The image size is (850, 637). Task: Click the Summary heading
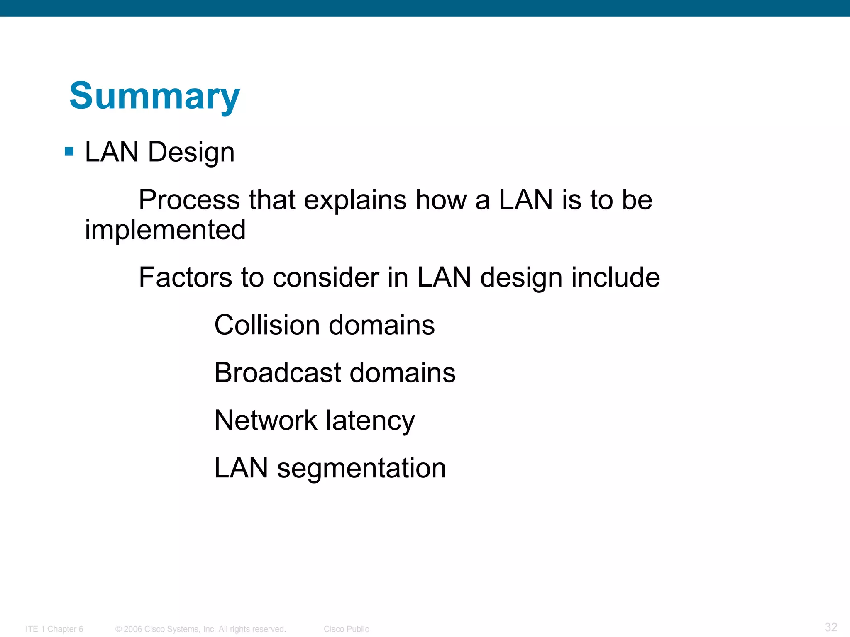pos(154,96)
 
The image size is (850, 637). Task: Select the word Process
pos(189,200)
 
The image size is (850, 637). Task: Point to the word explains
pos(355,200)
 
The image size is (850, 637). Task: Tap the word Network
pos(266,420)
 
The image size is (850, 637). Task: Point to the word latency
pos(370,421)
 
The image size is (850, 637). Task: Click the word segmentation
pos(361,469)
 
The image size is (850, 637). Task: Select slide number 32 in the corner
pos(831,627)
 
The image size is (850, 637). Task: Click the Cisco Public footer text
pos(346,629)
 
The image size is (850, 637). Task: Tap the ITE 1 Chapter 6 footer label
pos(54,629)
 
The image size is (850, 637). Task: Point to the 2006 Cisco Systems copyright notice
pos(200,629)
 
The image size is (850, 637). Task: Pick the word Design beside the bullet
pos(191,152)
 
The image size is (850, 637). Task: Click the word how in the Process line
pos(441,200)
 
